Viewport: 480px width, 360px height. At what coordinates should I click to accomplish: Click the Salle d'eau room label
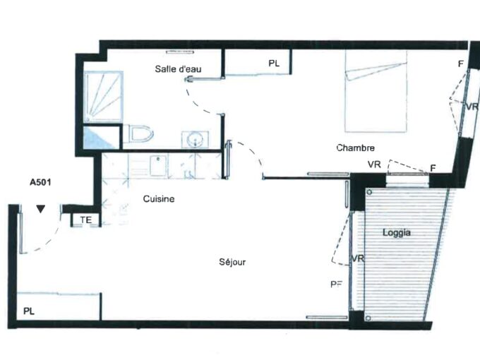[178, 69]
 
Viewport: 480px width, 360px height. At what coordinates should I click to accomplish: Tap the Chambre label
[355, 148]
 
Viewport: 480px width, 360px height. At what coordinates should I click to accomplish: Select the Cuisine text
[159, 199]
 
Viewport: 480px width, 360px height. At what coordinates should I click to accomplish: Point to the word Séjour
[232, 262]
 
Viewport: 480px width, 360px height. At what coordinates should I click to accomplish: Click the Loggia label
[397, 233]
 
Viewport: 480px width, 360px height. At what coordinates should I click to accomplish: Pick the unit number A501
[40, 182]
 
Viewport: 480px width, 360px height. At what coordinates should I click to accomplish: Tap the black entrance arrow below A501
[41, 209]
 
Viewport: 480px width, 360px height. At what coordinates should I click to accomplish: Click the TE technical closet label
[86, 220]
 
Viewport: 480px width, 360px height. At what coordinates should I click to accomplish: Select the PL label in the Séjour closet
[29, 311]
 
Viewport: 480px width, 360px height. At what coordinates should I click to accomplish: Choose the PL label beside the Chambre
[274, 64]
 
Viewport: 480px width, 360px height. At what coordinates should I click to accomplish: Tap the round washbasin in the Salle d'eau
[195, 140]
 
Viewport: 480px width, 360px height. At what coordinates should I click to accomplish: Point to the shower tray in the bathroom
[104, 97]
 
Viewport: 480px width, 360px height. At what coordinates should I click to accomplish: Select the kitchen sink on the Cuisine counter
[158, 165]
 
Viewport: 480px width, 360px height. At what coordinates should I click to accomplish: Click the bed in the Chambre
[376, 91]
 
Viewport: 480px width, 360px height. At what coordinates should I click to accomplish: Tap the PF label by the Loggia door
[336, 284]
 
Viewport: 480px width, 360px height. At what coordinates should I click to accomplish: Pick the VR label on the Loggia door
[358, 258]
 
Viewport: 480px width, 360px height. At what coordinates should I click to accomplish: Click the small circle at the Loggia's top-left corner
[369, 193]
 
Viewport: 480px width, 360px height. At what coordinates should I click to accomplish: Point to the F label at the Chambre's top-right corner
[461, 64]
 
